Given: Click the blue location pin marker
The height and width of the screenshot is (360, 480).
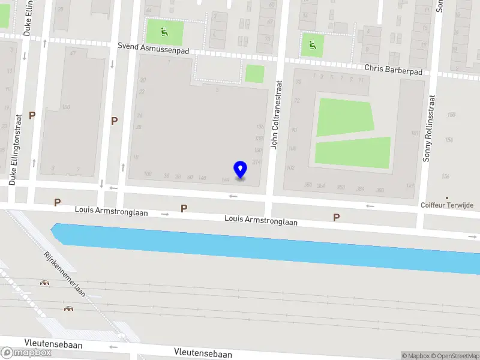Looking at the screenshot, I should point(240,170).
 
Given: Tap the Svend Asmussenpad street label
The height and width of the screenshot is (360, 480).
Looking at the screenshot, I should point(153,48).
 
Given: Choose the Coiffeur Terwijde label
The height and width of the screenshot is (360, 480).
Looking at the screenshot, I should point(446,205).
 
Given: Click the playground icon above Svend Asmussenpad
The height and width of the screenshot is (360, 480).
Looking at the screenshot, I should point(163,31).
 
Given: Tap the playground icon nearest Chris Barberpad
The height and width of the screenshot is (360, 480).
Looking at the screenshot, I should point(312,44).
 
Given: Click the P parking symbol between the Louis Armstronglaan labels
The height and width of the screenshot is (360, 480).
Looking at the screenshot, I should point(184,209).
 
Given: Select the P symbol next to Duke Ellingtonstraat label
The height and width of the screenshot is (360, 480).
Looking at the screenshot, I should point(32,115).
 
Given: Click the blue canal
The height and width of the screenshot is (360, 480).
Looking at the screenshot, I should point(270,246).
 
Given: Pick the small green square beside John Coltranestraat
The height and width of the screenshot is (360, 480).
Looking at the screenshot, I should point(254,74).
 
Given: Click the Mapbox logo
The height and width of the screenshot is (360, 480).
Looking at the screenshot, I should point(27,352).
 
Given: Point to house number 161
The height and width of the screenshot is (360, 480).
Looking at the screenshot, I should point(413,133).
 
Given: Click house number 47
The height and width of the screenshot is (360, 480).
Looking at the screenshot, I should point(73,54).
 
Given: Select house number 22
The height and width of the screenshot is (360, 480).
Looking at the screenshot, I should point(142,92).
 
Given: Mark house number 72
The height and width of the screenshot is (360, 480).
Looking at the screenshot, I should point(296,101).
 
